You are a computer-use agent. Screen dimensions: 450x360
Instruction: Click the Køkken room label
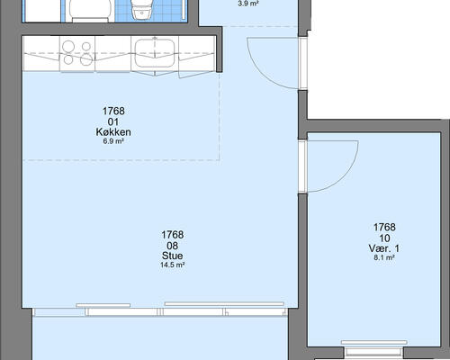[113, 132]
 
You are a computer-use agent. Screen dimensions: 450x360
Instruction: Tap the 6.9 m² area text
[113, 141]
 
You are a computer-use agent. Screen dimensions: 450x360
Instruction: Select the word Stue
[173, 256]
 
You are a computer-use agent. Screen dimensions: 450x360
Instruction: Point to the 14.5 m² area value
[172, 265]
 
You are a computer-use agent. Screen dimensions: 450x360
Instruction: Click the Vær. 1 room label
[384, 248]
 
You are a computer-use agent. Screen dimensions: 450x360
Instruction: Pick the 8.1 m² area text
[384, 257]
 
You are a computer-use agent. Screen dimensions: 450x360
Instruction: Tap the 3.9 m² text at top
[248, 4]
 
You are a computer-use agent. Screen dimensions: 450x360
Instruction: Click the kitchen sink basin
[155, 53]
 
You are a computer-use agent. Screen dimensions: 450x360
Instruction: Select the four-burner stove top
[77, 53]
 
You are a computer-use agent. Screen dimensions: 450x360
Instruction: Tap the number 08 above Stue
[173, 246]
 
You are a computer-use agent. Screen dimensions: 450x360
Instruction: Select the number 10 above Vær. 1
[384, 238]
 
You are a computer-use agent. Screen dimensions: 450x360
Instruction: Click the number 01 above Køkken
[113, 122]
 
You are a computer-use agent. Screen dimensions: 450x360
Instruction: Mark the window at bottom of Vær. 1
[374, 349]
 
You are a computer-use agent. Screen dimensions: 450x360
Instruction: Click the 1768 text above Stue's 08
[173, 234]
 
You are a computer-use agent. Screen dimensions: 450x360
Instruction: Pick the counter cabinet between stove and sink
[113, 54]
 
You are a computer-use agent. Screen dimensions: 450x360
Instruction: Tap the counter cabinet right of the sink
[197, 54]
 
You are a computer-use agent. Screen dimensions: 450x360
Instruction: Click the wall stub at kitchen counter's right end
[220, 49]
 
